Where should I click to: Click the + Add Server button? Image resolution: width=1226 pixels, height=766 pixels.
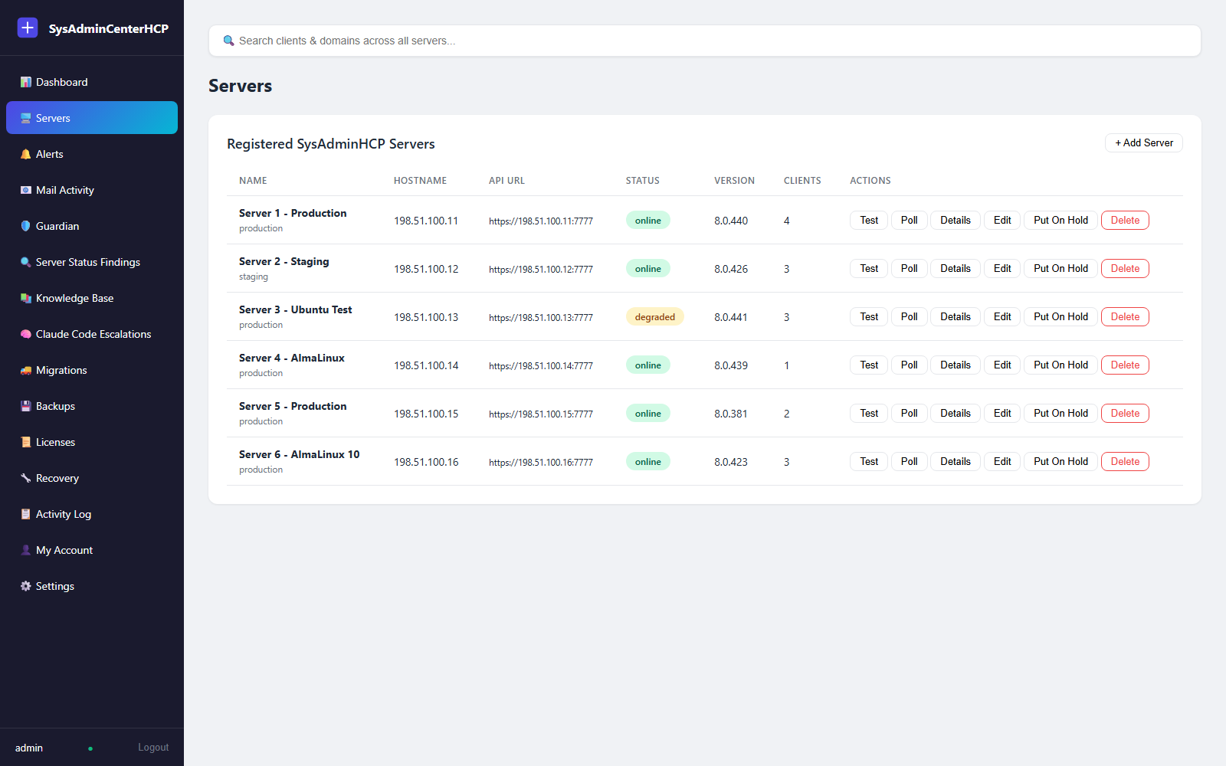pos(1143,142)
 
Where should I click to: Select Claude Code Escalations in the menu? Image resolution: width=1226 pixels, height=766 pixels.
pos(92,334)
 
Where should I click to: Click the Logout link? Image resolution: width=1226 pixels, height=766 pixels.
pos(153,747)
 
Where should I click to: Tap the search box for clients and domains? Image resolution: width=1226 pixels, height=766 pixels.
pos(705,41)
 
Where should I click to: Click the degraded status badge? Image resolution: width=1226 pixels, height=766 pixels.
pos(654,317)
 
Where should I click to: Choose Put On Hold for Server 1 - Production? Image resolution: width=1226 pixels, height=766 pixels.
pos(1060,220)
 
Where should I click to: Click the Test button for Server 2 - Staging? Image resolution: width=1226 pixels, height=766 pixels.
pos(869,268)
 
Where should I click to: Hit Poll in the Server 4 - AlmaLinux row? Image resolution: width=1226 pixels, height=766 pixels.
pos(909,365)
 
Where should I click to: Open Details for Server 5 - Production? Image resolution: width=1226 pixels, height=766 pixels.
pos(955,413)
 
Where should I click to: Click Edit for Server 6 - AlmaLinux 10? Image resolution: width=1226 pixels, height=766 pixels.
pos(1001,461)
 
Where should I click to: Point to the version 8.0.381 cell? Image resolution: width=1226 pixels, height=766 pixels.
pos(731,414)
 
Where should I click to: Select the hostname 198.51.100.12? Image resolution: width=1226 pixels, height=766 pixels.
pos(426,269)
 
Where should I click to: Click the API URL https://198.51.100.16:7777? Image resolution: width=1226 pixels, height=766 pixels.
pos(541,463)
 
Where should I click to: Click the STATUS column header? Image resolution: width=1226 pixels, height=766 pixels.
pos(643,181)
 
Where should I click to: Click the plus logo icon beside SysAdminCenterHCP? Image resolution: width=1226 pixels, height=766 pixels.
pos(28,28)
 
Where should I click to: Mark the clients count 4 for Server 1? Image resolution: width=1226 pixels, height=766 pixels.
pos(786,221)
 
